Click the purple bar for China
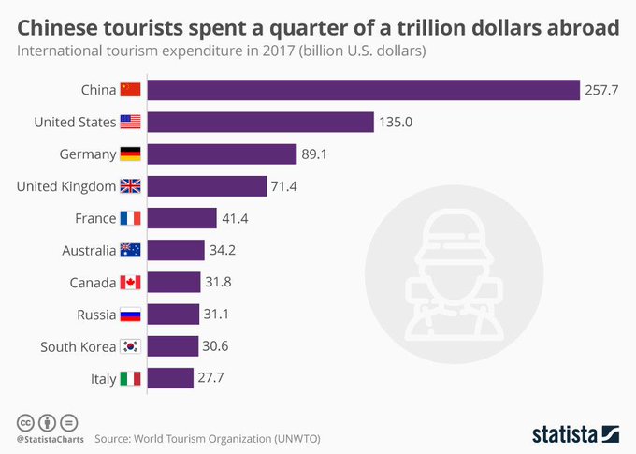[x=364, y=90]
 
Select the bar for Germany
[x=223, y=154]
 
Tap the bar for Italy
[x=168, y=378]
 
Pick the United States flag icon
[x=130, y=122]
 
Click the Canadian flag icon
[x=130, y=282]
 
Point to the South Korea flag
[x=130, y=346]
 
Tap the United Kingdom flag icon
[x=130, y=186]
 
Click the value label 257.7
[x=603, y=90]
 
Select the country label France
[x=94, y=218]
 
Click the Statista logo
[x=574, y=433]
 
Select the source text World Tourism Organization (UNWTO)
[x=233, y=437]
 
